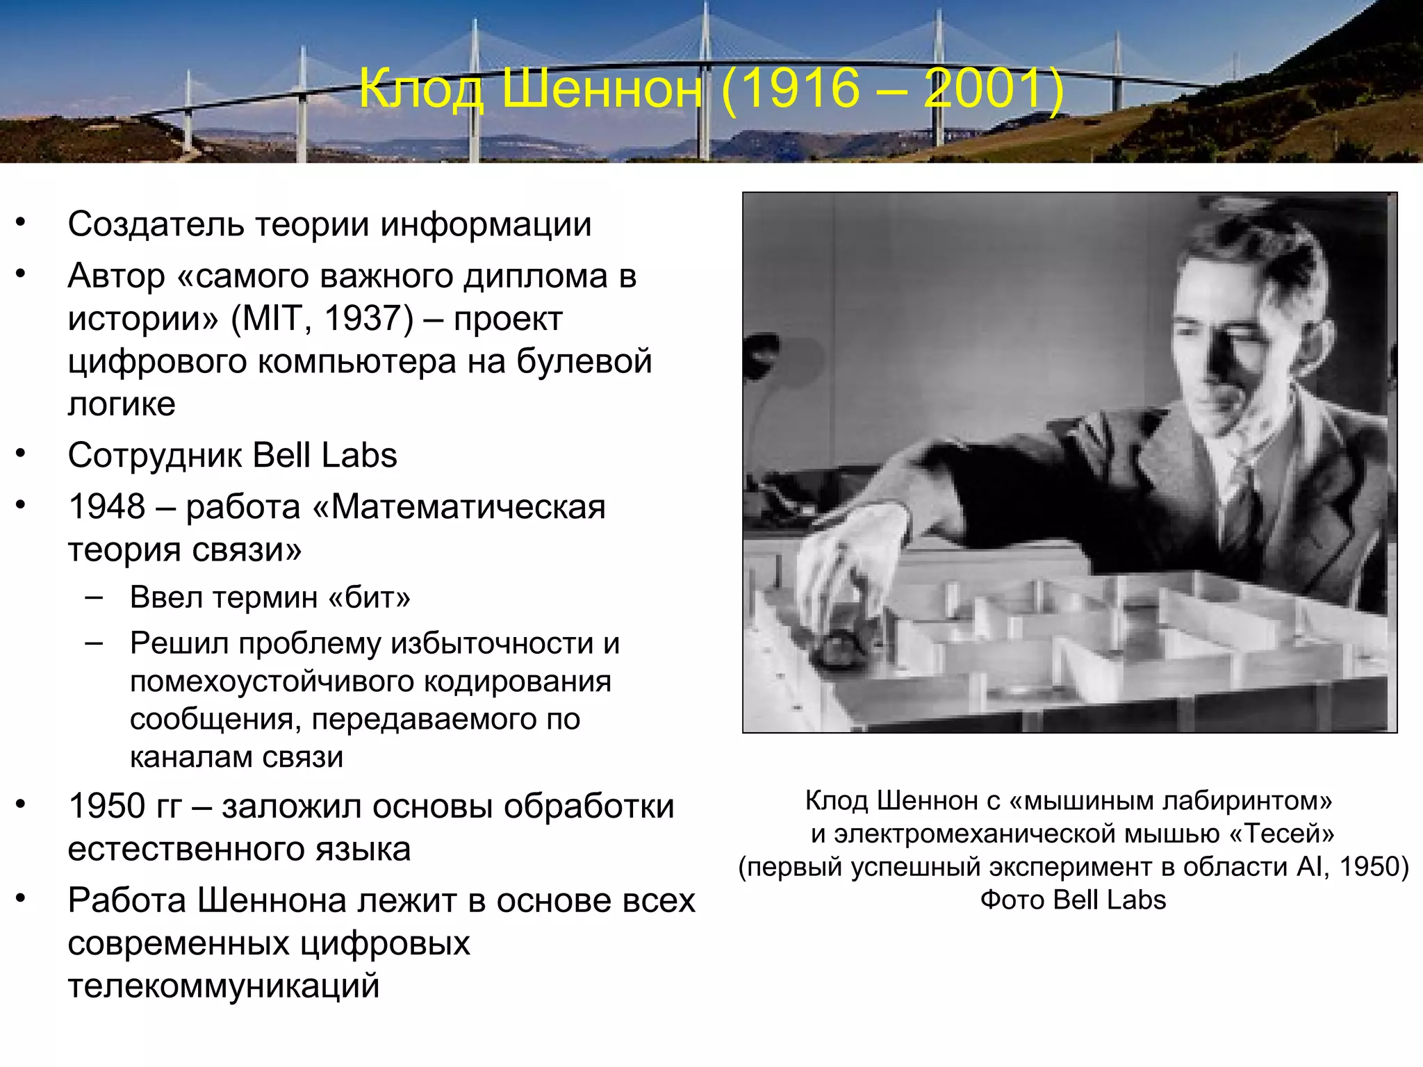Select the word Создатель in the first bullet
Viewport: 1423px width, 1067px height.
click(x=156, y=224)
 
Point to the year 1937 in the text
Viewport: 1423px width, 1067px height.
click(x=361, y=319)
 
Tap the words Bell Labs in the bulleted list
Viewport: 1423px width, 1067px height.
click(x=324, y=456)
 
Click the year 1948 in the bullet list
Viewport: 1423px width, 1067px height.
click(x=106, y=506)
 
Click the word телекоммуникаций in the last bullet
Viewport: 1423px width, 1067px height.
click(x=223, y=986)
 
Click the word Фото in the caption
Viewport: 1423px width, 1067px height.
click(x=1012, y=900)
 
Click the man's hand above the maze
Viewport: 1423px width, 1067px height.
click(x=848, y=556)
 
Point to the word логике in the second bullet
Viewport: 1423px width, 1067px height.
click(x=122, y=404)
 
